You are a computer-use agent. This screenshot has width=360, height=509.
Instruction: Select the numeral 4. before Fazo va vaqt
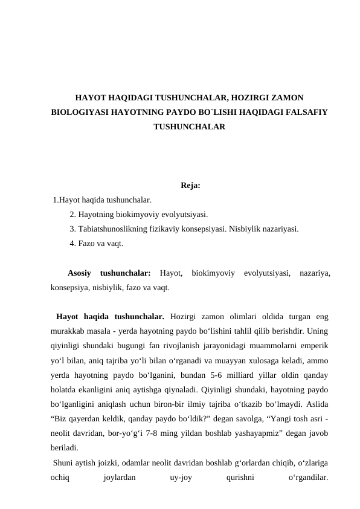(73, 243)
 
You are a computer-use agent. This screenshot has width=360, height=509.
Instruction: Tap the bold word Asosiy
(80, 273)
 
